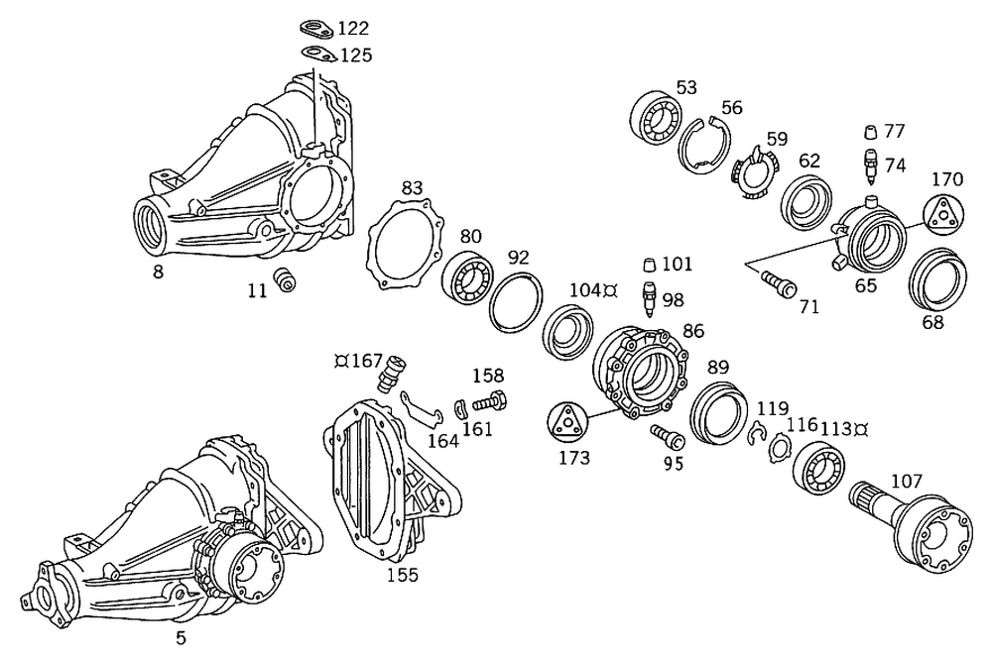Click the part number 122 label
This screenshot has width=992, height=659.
click(x=354, y=29)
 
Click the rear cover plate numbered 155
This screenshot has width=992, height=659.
click(x=392, y=481)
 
